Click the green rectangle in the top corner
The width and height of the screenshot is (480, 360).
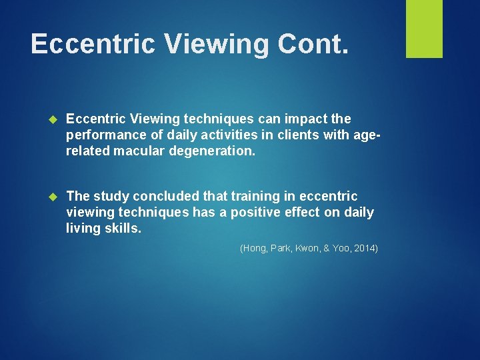(x=424, y=29)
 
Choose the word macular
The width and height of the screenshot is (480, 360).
(x=141, y=151)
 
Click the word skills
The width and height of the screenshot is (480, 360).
(x=124, y=229)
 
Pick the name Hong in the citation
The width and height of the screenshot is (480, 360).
(x=254, y=249)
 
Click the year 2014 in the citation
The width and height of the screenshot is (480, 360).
(x=364, y=249)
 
